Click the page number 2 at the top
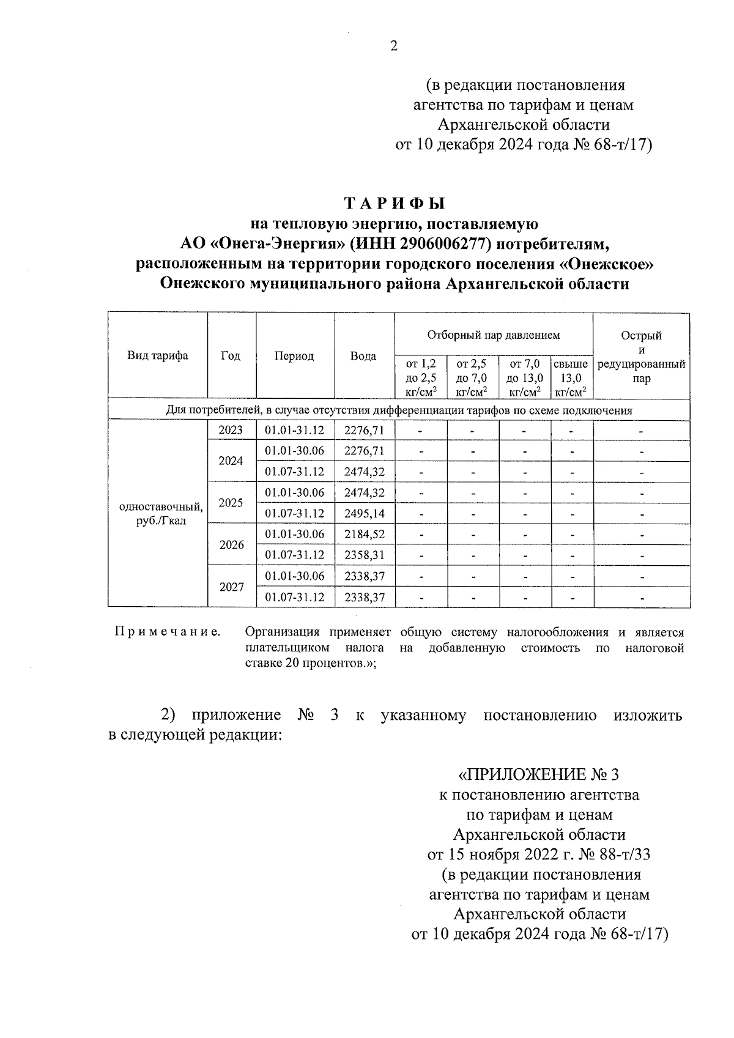click(x=394, y=46)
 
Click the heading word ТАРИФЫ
click(x=394, y=203)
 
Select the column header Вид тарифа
click(x=158, y=356)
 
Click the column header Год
click(x=231, y=356)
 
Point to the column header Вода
click(x=363, y=356)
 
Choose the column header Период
click(x=294, y=356)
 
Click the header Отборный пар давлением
click(x=493, y=335)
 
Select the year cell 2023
click(x=231, y=431)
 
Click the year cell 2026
click(x=231, y=545)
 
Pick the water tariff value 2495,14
click(x=365, y=514)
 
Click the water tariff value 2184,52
click(x=365, y=534)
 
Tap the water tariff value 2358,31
click(x=365, y=555)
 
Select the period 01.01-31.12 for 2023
click(x=294, y=431)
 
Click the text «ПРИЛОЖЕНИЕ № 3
click(x=539, y=775)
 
